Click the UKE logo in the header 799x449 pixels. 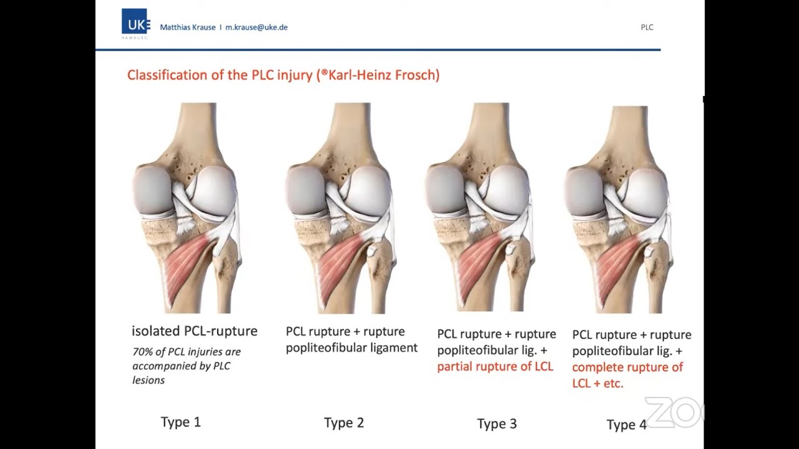(x=135, y=23)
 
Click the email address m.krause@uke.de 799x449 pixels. (x=257, y=27)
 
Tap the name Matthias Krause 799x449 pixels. (x=188, y=27)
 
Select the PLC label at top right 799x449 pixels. (x=647, y=27)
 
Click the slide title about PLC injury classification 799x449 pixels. (x=283, y=75)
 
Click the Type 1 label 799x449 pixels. (x=181, y=422)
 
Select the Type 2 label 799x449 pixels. (x=344, y=423)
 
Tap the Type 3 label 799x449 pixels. (x=497, y=424)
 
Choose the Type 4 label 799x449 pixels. (x=626, y=425)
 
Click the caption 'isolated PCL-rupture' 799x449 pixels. (x=194, y=331)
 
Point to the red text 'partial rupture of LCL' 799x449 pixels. (x=495, y=366)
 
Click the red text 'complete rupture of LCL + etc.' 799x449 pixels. (x=627, y=375)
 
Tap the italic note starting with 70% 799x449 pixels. (x=186, y=365)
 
